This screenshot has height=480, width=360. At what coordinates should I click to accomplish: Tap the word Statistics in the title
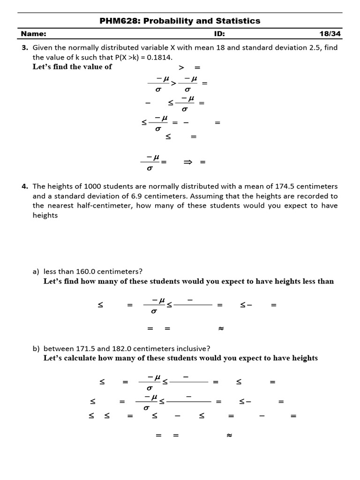tap(238, 21)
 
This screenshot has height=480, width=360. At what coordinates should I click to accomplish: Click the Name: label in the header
tap(34, 34)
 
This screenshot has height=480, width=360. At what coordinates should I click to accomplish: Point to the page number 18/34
tap(328, 34)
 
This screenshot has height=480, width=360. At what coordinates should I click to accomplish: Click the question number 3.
tap(25, 47)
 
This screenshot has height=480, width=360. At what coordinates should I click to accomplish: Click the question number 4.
tap(25, 186)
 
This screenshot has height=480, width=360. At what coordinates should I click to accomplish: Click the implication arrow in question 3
tap(188, 162)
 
